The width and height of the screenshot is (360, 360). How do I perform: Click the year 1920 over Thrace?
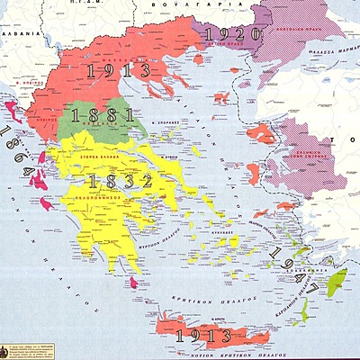[x=231, y=35]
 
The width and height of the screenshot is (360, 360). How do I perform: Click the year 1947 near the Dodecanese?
[x=296, y=268]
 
